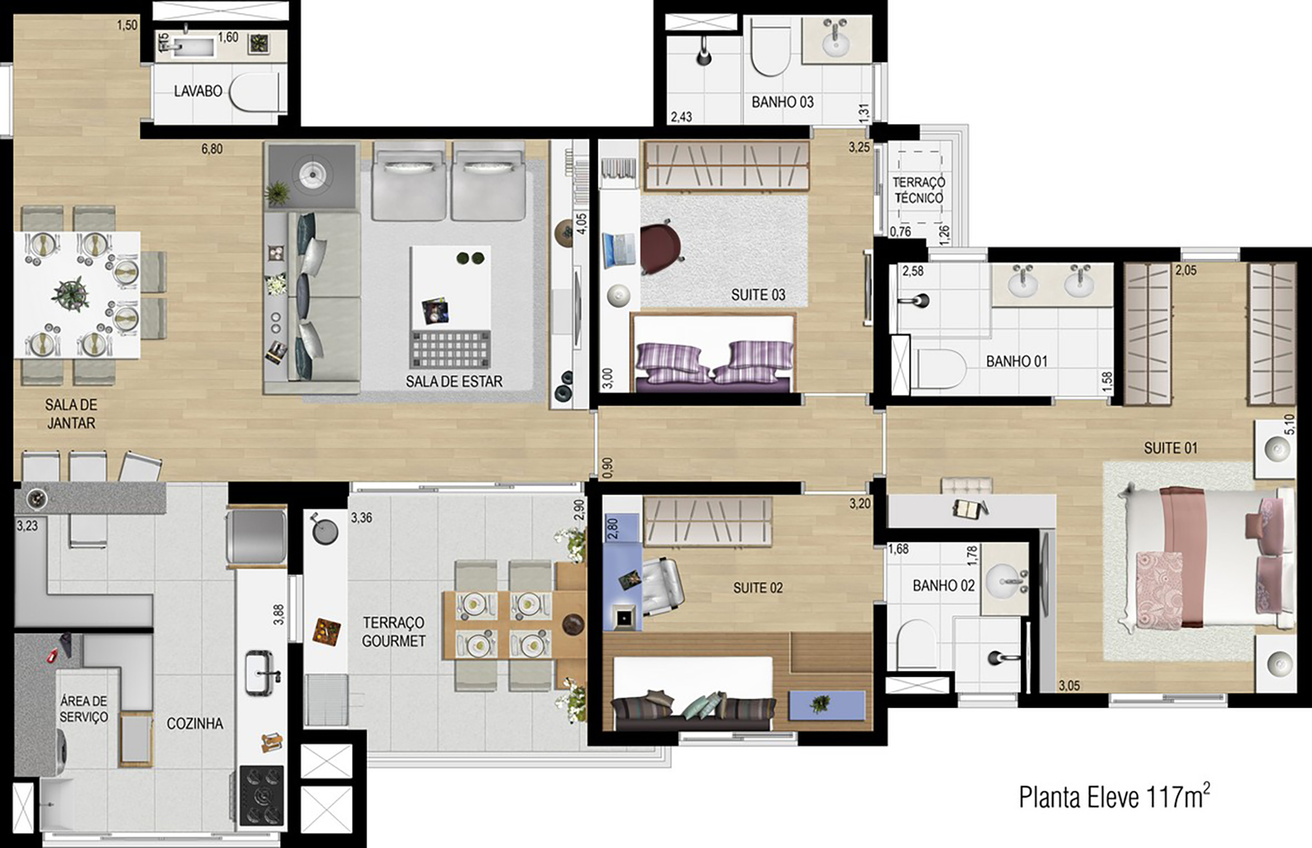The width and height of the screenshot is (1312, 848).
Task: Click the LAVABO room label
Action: click(198, 92)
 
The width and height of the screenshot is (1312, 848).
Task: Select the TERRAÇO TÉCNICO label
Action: click(918, 190)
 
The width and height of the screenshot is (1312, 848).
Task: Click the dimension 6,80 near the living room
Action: click(212, 149)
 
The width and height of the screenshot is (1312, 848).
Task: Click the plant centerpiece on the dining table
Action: click(71, 293)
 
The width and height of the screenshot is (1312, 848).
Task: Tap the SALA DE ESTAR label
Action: click(453, 381)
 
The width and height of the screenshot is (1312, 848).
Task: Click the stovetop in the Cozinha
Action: click(261, 795)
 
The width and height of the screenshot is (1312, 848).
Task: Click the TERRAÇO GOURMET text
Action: click(394, 632)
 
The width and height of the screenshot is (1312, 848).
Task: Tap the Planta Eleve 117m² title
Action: click(1114, 797)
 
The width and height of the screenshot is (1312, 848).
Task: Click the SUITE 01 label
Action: click(1170, 448)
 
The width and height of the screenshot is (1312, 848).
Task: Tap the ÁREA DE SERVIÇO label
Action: click(84, 709)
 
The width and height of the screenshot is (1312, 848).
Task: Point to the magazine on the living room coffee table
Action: click(435, 312)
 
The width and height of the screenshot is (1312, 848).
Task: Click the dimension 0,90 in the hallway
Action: click(608, 468)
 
